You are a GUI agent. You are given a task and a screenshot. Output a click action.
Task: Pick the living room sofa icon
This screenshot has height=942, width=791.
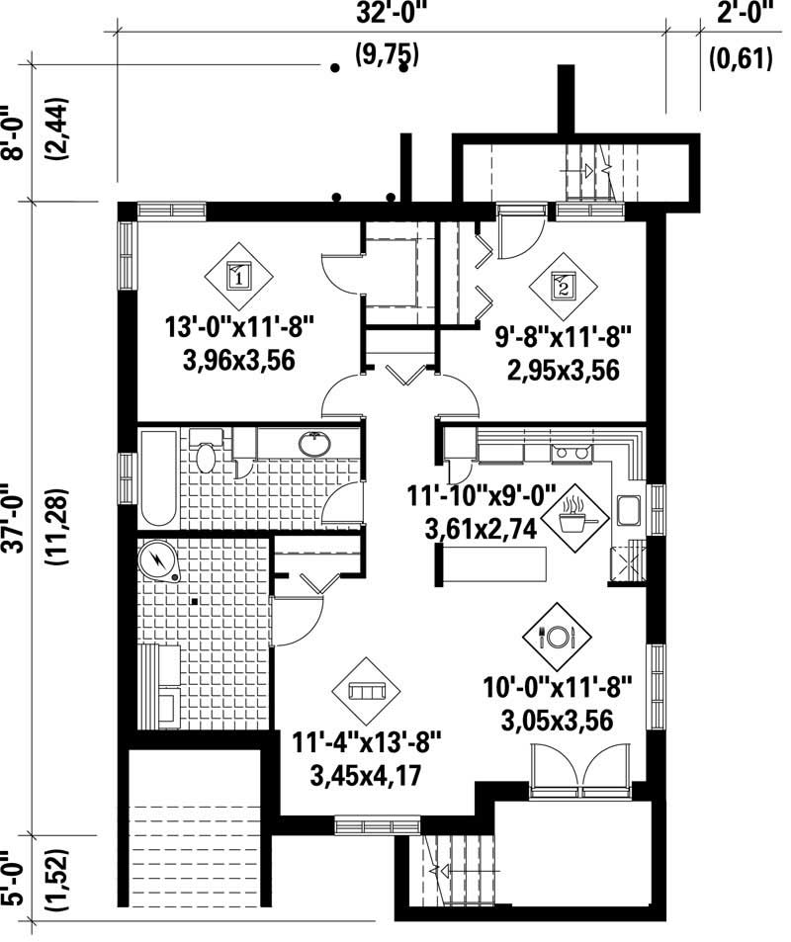[x=368, y=691]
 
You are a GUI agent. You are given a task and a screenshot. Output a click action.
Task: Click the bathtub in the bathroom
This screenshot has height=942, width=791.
[x=158, y=478]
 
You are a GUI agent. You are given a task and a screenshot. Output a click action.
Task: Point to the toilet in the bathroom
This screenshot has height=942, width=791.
[x=206, y=456]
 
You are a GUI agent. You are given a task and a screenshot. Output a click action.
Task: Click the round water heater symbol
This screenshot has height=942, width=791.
[x=157, y=560]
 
